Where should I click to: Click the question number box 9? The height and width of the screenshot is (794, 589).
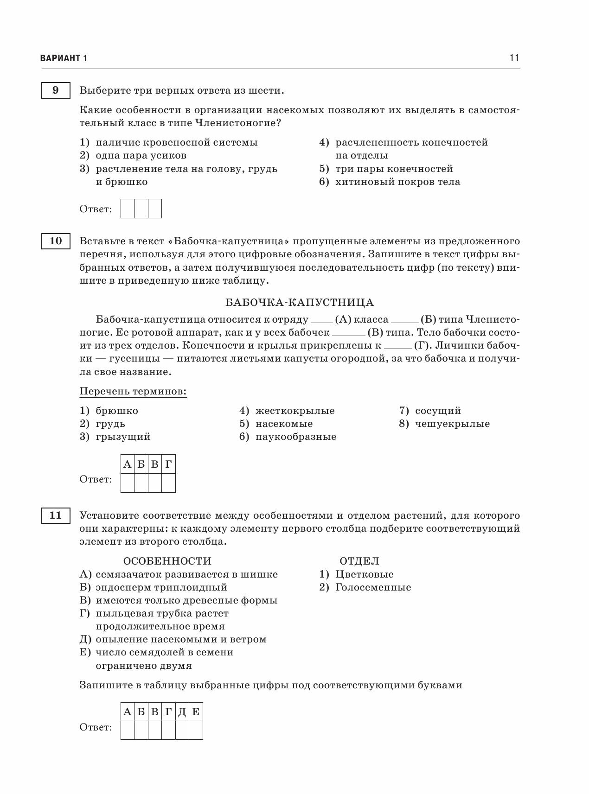[55, 90]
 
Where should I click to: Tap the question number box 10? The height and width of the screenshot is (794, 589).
[55, 241]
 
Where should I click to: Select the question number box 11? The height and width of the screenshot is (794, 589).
[55, 515]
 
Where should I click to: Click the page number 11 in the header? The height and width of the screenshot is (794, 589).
[514, 58]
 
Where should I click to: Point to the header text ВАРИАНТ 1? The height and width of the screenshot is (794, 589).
[64, 58]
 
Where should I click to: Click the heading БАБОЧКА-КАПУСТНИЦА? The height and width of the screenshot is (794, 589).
[300, 303]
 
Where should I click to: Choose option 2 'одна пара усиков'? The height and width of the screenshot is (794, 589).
[141, 155]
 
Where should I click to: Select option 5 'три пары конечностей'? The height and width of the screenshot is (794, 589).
[394, 169]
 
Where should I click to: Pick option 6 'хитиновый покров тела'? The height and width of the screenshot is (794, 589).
[397, 182]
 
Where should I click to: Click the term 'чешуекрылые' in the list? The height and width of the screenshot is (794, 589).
[452, 424]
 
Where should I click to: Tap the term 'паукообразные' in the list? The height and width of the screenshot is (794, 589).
[295, 437]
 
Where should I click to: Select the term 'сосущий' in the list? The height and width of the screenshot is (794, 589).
[438, 411]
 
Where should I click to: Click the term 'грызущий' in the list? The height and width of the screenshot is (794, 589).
[123, 437]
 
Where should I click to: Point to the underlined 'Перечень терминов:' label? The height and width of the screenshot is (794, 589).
[133, 392]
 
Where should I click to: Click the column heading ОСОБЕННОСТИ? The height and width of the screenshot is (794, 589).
[167, 561]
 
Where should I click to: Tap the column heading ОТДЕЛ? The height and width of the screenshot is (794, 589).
[359, 561]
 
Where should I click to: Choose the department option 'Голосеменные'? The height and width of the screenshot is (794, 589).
[373, 587]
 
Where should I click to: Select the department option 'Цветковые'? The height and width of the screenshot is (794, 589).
[364, 574]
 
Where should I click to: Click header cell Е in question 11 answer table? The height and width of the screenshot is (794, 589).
[196, 712]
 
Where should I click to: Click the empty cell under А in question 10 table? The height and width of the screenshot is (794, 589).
[128, 483]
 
